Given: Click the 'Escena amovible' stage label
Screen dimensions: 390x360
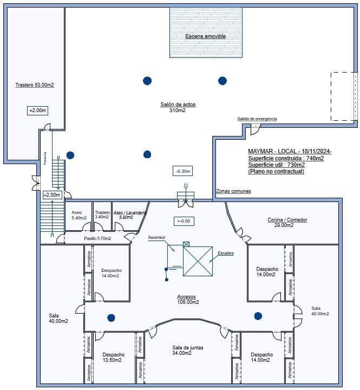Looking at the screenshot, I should tap(205, 36).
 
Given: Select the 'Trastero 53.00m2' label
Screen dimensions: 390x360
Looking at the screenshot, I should tap(35, 86).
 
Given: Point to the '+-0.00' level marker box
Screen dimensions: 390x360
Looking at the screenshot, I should tap(184, 221).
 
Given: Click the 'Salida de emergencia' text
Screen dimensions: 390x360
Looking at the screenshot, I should tap(257, 119).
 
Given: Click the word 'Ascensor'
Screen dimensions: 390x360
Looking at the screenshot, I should tap(156, 237).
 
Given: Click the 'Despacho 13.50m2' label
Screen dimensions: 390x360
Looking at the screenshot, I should tap(113, 357).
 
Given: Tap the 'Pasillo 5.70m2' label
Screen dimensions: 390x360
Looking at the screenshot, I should tap(97, 238).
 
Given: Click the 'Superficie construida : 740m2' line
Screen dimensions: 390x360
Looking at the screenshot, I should tap(286, 158).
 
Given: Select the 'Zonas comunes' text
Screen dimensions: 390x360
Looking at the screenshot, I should tap(233, 191).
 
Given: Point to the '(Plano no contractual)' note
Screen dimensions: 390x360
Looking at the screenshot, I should tap(276, 171).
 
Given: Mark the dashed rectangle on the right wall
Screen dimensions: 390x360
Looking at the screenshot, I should tap(344, 96).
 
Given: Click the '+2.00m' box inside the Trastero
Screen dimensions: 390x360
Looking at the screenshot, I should tap(37, 110).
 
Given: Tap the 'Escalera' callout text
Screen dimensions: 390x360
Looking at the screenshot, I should tap(226, 253).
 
